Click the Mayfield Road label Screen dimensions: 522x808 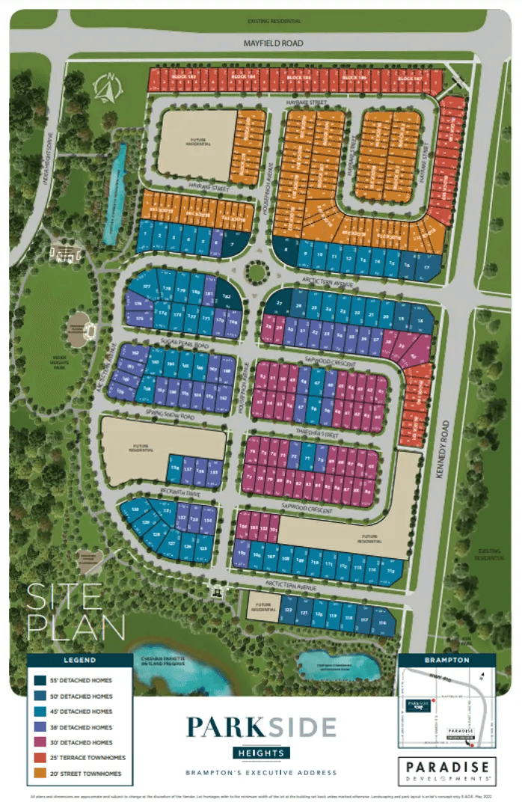pyautogui.click(x=273, y=43)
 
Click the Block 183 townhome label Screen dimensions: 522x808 pyautogui.click(x=177, y=78)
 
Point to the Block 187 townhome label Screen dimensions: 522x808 pyautogui.click(x=411, y=79)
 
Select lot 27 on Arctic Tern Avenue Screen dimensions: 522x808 pyautogui.click(x=279, y=302)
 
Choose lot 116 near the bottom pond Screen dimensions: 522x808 pyautogui.click(x=384, y=622)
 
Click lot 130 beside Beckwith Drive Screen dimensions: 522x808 pyautogui.click(x=135, y=509)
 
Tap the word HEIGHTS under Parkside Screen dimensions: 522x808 pyautogui.click(x=261, y=752)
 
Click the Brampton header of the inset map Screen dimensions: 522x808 pyautogui.click(x=446, y=660)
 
